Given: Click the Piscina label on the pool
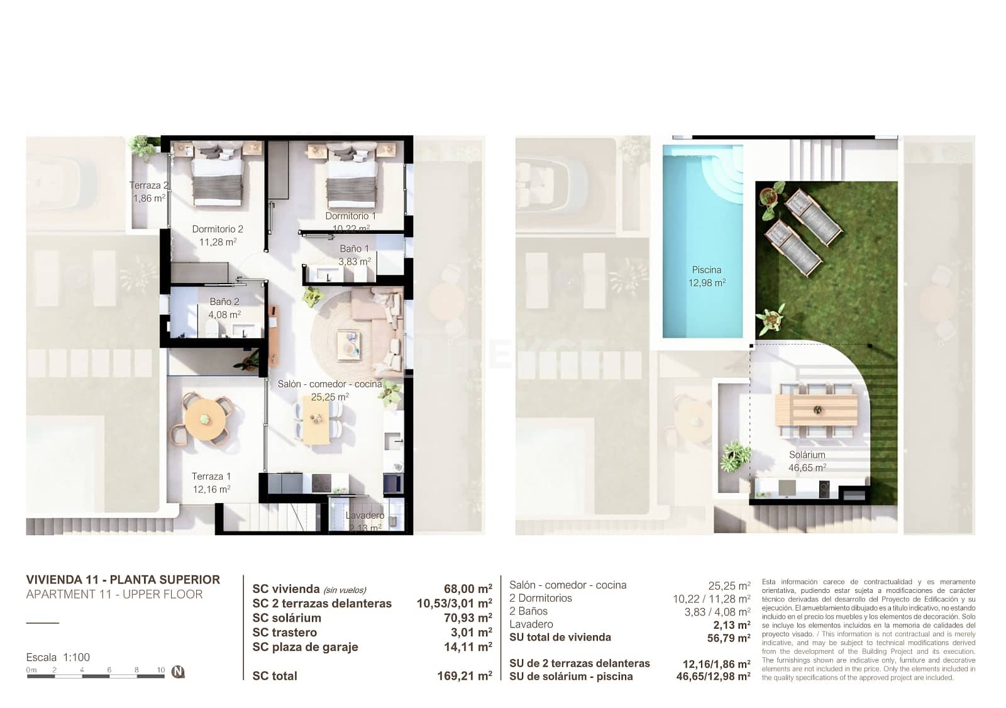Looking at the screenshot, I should coord(706,270).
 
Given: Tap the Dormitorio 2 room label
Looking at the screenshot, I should coord(217,230).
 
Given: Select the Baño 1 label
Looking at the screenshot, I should coord(350,249).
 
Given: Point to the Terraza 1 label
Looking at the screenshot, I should coord(211,477).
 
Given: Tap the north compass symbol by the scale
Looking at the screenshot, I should coord(179,672).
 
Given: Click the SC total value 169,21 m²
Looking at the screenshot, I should coord(464,677).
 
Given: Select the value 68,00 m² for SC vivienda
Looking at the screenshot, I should coord(467,589).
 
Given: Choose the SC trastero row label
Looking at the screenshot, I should coord(284,633).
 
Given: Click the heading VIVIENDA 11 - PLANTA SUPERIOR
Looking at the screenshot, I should coord(123,580).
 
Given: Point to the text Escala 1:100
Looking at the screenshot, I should coord(58,657).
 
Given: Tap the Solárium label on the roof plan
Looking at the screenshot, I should coord(807,455).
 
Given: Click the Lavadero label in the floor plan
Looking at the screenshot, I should coord(365,516).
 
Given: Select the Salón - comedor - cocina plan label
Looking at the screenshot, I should coord(329,384).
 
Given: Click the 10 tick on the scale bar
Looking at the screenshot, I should coord(161,670).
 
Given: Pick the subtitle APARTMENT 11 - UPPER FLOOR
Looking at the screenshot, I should coord(114,595).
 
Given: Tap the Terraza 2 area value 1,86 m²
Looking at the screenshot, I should coord(149,198).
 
